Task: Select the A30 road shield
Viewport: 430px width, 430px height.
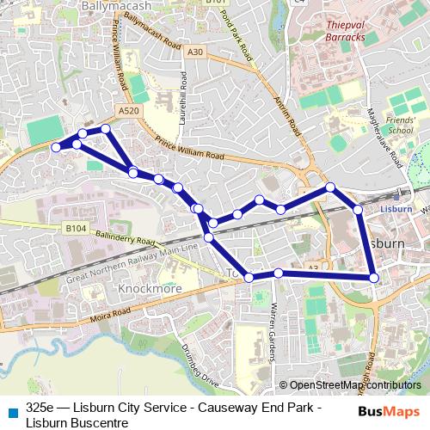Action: (x=195, y=52)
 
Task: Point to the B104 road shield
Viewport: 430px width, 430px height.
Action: (x=75, y=230)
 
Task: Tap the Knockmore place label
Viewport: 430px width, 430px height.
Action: (x=151, y=289)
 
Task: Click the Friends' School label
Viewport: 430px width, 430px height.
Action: (x=399, y=125)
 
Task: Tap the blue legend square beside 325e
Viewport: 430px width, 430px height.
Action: (x=12, y=411)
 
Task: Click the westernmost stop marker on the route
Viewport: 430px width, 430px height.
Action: (x=57, y=147)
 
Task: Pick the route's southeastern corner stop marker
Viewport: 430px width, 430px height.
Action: (x=373, y=277)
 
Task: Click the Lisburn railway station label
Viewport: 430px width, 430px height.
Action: (x=398, y=207)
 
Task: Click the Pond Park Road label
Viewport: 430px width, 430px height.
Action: (x=236, y=34)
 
